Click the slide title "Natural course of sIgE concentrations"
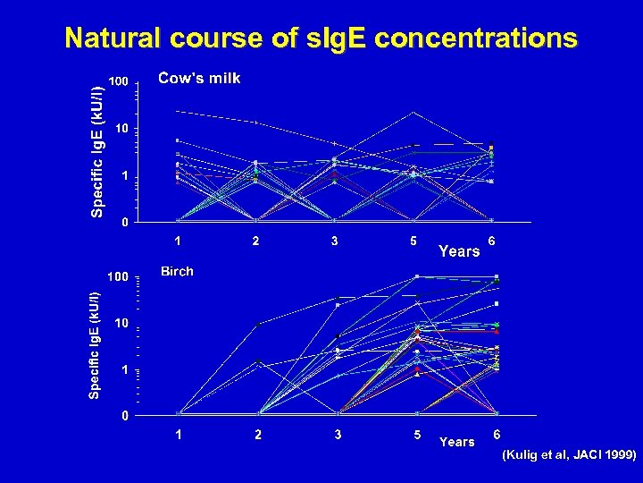321,38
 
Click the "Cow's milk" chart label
199,79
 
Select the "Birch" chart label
177,271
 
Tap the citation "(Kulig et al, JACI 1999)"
569,455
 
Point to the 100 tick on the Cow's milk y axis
118,82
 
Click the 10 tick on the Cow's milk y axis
121,130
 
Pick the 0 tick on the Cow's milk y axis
126,222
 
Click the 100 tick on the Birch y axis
118,275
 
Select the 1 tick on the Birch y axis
126,369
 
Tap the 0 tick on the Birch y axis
126,416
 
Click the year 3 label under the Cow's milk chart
334,241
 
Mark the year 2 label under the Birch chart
257,436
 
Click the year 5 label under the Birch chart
416,436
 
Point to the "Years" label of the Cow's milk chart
459,252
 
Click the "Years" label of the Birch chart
457,442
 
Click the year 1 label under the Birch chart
179,436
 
